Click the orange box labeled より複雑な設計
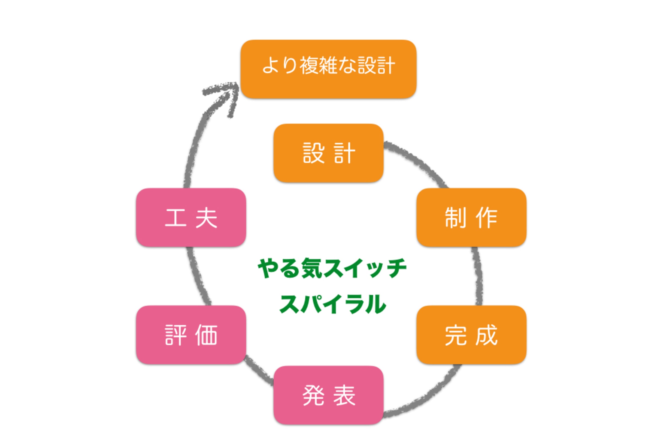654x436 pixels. coord(328,69)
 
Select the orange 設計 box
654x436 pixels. coord(328,153)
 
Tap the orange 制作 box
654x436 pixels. coord(471,217)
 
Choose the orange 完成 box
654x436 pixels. coord(471,335)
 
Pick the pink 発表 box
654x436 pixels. coord(328,395)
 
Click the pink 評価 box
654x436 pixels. coord(191,335)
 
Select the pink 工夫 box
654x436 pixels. coord(191,217)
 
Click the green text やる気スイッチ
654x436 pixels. coord(332,268)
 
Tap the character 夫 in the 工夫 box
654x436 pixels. coord(206,218)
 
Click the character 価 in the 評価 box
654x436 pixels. coord(206,335)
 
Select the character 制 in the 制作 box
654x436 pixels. coord(455,218)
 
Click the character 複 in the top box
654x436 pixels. coord(309,66)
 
